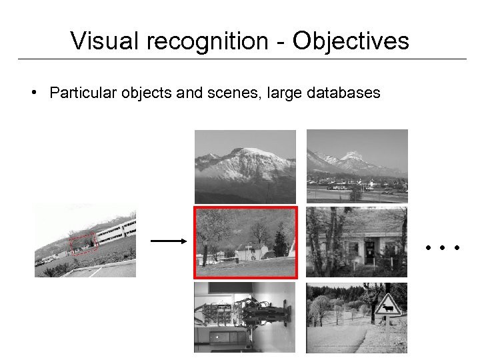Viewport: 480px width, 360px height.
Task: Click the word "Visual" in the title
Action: pos(103,41)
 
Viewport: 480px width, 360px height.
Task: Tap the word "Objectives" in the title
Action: pos(351,41)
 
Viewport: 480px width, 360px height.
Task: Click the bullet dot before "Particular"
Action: pos(33,93)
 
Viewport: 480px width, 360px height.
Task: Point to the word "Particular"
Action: pos(83,93)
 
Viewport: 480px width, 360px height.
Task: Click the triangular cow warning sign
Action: pos(387,307)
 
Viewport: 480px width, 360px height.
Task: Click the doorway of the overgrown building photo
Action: pos(369,250)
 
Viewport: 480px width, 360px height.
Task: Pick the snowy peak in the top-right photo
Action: pos(351,159)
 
